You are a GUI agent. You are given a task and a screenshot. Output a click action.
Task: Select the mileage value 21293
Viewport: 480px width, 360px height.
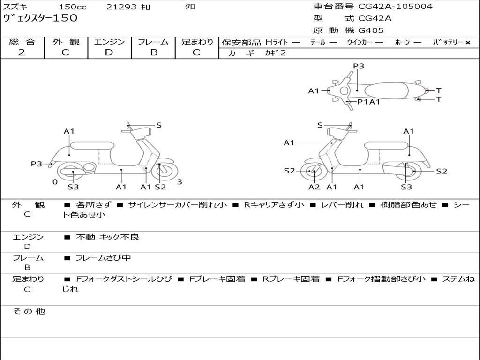point(121,7)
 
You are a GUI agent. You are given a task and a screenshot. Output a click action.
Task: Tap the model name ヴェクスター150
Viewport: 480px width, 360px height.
point(40,18)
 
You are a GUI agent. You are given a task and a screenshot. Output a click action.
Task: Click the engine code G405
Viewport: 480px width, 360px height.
point(371,30)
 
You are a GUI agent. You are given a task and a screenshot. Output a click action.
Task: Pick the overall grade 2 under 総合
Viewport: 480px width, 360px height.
point(22,52)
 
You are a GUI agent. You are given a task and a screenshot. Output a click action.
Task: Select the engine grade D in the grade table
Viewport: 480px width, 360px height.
point(109,52)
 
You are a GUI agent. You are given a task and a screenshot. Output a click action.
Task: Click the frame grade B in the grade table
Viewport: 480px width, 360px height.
point(153,52)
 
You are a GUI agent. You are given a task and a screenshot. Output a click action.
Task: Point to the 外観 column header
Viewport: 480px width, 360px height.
point(66,42)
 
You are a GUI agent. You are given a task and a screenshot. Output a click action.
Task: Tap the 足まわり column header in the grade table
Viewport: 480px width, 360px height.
point(197,42)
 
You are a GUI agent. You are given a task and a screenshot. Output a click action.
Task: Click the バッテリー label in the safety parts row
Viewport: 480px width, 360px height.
point(448,42)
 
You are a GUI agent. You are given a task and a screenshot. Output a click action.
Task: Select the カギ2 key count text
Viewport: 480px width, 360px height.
point(276,53)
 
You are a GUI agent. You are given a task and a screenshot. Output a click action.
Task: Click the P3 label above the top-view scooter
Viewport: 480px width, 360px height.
point(359,66)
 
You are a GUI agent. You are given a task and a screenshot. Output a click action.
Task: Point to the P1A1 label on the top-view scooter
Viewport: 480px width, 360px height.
point(368,101)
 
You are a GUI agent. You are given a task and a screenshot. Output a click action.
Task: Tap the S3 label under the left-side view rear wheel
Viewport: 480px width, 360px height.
point(73,187)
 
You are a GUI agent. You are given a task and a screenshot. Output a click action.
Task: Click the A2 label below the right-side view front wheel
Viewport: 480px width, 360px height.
point(314,187)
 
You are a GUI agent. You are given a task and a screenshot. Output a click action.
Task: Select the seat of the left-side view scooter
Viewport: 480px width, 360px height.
point(92,145)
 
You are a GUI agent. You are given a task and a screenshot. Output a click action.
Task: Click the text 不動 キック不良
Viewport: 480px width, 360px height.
point(107,237)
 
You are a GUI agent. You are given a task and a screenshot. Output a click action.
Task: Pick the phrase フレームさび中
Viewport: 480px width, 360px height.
point(103,258)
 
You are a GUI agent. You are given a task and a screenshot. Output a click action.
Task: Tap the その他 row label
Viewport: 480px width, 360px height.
point(29,311)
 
